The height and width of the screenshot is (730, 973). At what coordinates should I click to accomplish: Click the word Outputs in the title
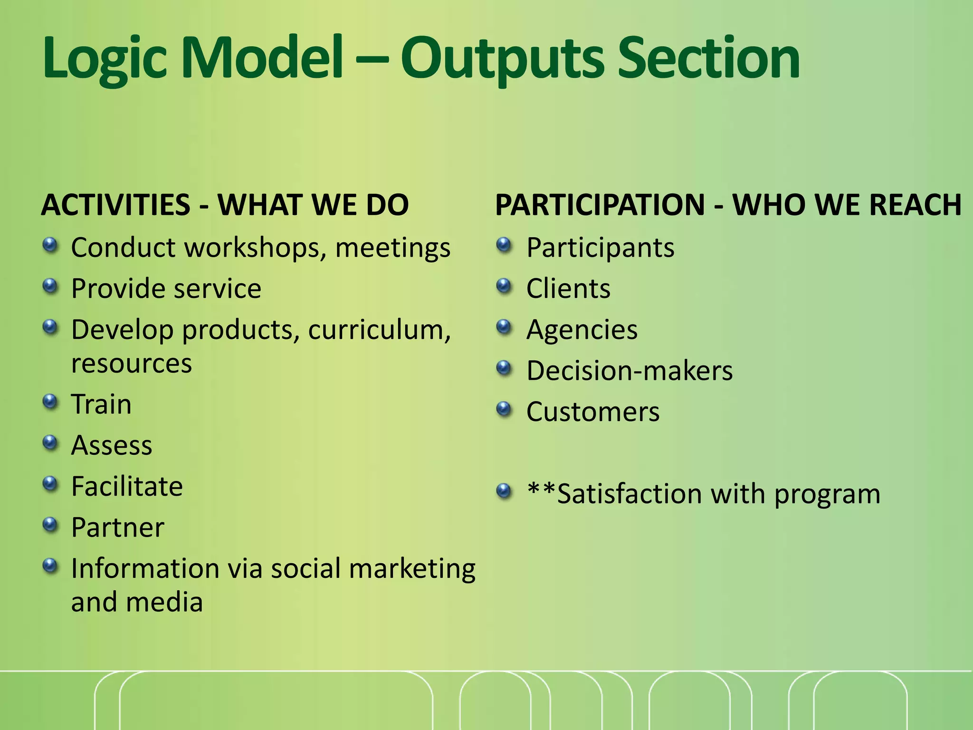(x=504, y=59)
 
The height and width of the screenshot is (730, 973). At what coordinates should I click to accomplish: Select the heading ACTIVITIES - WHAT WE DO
(x=225, y=205)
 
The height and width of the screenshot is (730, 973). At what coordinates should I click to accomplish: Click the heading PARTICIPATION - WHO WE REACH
(x=728, y=205)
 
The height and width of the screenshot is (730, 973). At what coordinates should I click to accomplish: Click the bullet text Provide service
(x=166, y=289)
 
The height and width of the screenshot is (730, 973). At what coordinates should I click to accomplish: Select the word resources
(x=132, y=364)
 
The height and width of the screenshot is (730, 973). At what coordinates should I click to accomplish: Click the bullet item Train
(x=101, y=405)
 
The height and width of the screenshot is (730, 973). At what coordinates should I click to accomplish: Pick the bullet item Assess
(x=112, y=446)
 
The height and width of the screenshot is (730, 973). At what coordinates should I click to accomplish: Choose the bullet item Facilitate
(x=127, y=487)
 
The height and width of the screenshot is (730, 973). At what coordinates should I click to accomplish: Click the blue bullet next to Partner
(x=50, y=525)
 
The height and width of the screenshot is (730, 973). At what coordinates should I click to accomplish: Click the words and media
(x=137, y=603)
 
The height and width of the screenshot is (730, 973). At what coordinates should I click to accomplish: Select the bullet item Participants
(x=600, y=248)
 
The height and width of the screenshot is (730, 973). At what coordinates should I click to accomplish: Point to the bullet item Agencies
(x=582, y=330)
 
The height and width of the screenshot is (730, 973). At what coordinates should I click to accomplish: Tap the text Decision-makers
(x=630, y=371)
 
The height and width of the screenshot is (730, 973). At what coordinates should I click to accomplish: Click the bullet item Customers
(x=593, y=412)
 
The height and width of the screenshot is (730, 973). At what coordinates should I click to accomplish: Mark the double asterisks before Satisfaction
(x=542, y=490)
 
